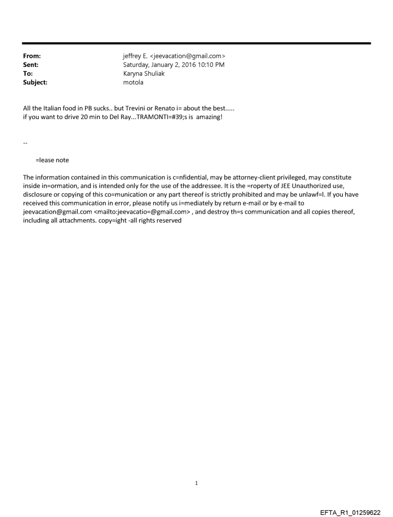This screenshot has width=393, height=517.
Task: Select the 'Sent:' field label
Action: (31, 65)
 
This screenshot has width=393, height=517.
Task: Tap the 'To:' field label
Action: (28, 74)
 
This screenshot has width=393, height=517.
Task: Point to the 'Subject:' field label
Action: (35, 82)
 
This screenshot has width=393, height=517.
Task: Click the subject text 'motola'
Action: (133, 82)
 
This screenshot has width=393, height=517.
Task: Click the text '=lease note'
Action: (52, 160)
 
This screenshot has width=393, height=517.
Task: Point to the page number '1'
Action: (196, 483)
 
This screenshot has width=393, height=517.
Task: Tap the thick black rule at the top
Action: (196, 43)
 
